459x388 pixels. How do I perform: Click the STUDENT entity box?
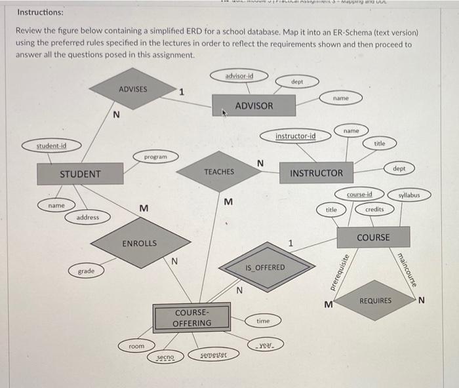point(80,174)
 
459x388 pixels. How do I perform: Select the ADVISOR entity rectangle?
point(254,106)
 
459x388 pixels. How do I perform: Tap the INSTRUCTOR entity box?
point(316,173)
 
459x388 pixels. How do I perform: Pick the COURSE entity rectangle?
point(373,237)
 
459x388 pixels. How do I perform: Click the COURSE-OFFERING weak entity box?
point(191,318)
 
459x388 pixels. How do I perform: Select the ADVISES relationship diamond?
point(133,89)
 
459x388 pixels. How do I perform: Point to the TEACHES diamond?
point(218,172)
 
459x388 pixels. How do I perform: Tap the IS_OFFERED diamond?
point(265,267)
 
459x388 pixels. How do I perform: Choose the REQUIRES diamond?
point(375,301)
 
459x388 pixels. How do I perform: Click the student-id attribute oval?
point(51,145)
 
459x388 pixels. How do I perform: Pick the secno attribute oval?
point(165,357)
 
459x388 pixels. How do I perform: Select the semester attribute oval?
point(212,354)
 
